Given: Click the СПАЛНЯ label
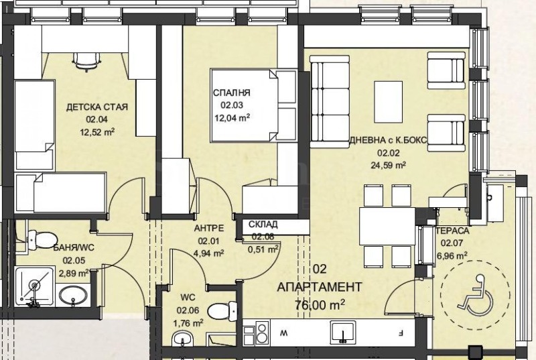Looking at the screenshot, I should click(x=232, y=93).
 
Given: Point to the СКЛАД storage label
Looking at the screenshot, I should click(x=262, y=225).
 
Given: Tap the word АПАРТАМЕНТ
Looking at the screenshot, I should click(x=320, y=287).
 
